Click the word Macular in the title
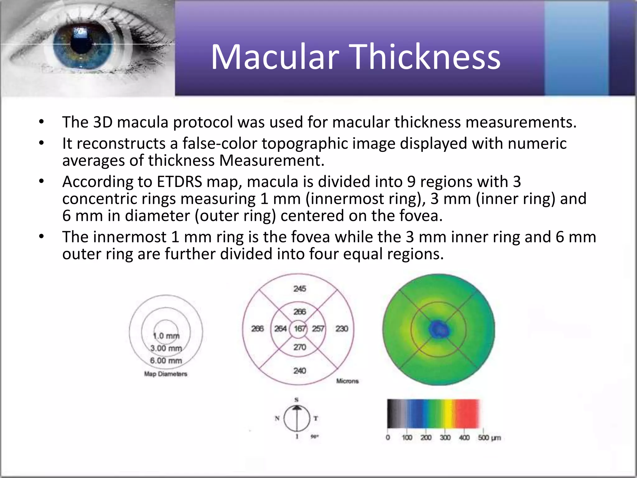(x=275, y=57)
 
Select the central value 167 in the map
(x=300, y=329)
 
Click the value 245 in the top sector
(x=300, y=289)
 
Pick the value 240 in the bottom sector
(x=300, y=371)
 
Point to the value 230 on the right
(x=342, y=329)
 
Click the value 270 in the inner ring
(x=300, y=347)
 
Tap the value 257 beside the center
(x=318, y=329)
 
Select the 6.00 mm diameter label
(x=166, y=361)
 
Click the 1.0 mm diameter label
(x=166, y=336)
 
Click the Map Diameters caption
(x=165, y=374)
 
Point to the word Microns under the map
(x=347, y=381)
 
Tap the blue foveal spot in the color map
(x=438, y=329)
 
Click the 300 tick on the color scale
(x=445, y=438)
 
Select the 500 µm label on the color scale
(x=489, y=438)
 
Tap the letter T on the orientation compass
(x=316, y=419)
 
